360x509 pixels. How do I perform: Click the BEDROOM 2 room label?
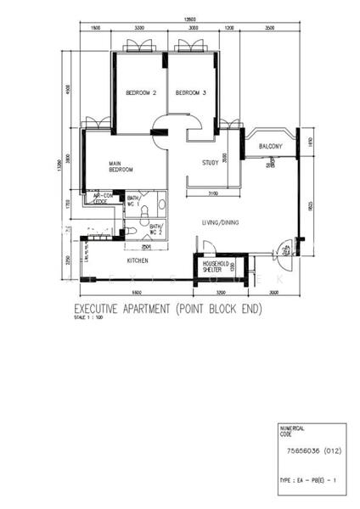[140, 92]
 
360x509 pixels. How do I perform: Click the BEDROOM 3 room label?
[190, 92]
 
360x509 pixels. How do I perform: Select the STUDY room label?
[211, 163]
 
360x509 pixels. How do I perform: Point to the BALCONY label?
[270, 147]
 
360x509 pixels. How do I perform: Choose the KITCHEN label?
[138, 261]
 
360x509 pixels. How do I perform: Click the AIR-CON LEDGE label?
[100, 200]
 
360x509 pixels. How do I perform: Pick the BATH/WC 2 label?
[156, 230]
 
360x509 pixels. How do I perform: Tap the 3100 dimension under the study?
[212, 194]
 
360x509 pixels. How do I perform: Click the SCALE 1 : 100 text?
[87, 320]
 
